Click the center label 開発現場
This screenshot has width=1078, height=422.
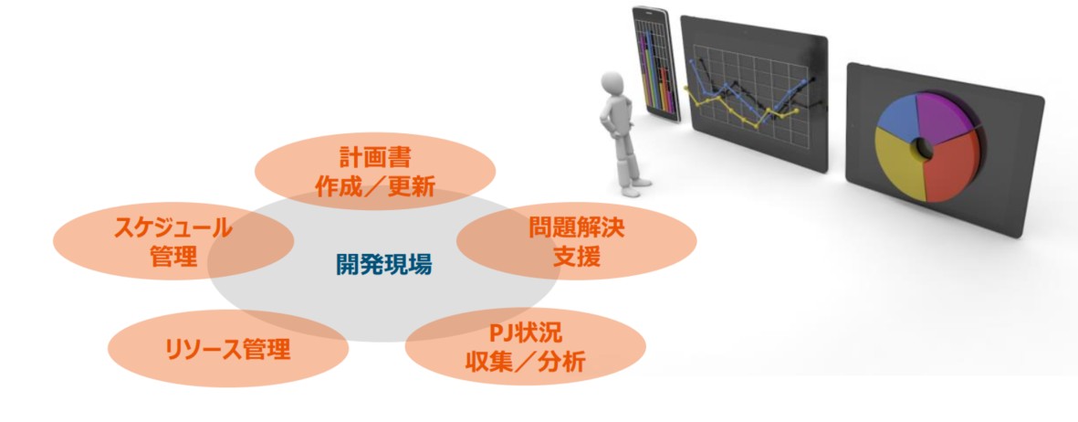(384, 264)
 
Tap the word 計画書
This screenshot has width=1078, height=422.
(374, 158)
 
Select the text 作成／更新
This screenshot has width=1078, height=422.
(374, 186)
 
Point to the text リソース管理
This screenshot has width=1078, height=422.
(227, 349)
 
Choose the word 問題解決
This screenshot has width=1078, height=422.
(576, 227)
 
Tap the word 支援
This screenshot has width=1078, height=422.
(576, 257)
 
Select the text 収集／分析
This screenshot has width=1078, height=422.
(525, 362)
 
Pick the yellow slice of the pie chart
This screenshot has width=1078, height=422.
(898, 162)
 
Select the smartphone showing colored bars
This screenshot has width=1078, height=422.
(655, 65)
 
